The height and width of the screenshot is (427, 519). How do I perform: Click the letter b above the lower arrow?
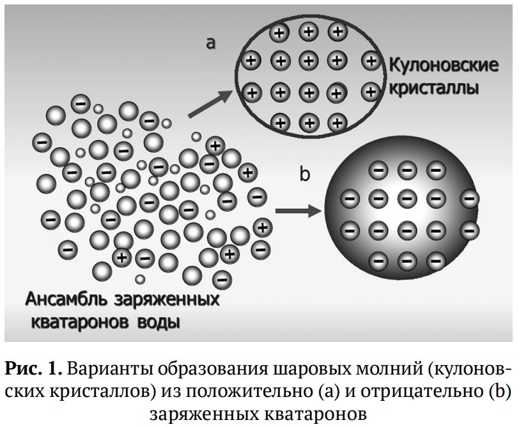tap(306, 173)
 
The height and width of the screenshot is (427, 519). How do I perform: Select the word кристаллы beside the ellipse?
tap(434, 86)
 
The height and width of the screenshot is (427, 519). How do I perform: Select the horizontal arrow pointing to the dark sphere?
tap(298, 210)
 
